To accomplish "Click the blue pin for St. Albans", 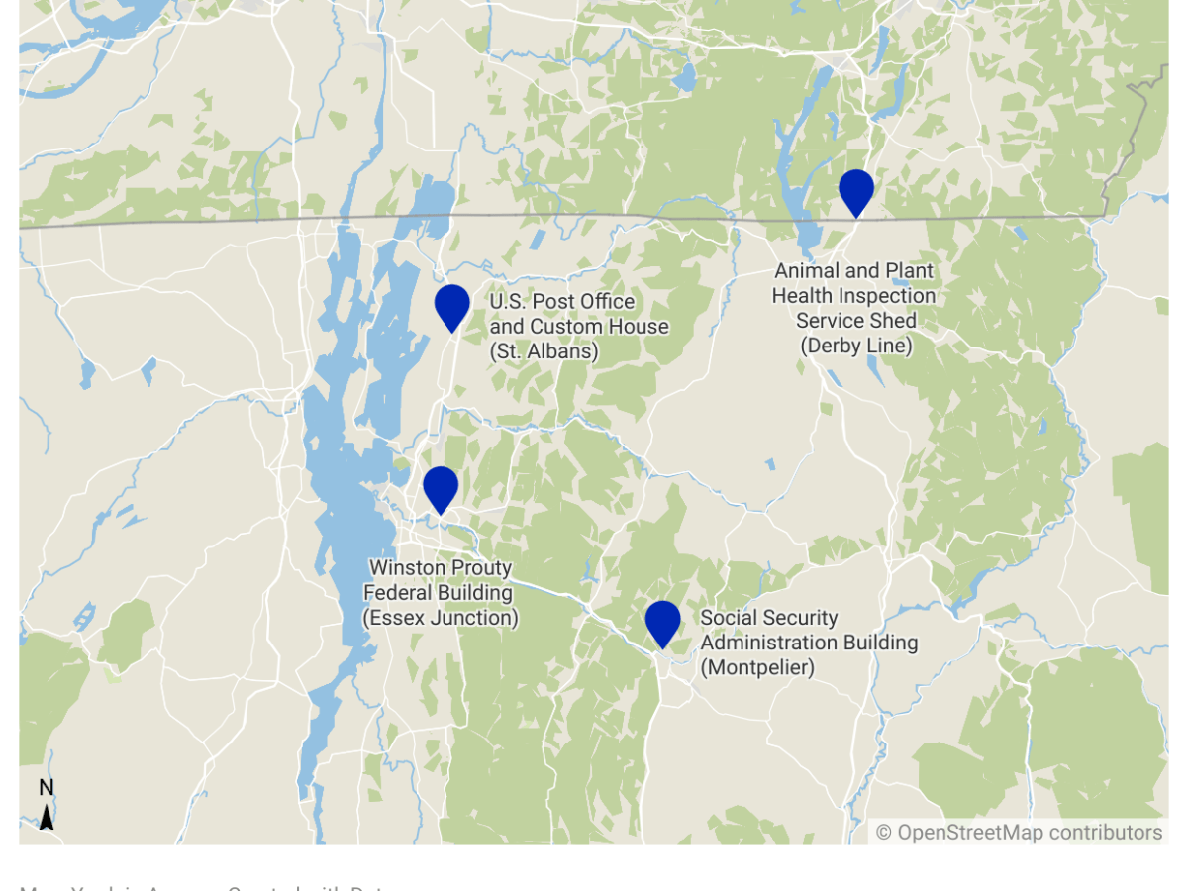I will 451,305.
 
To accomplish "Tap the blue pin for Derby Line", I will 855,190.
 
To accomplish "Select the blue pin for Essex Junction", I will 441,488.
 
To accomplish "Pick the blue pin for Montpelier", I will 662,622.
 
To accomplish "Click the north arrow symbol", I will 47,818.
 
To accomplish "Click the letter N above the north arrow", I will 47,788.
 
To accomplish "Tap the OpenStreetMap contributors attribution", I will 1019,833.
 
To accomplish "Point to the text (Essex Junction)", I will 441,618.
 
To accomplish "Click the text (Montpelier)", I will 757,668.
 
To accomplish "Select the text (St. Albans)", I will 544,351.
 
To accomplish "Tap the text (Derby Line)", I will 855,346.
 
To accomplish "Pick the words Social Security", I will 769,618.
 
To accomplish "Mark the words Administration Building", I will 809,643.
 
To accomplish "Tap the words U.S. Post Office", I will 561,302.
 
